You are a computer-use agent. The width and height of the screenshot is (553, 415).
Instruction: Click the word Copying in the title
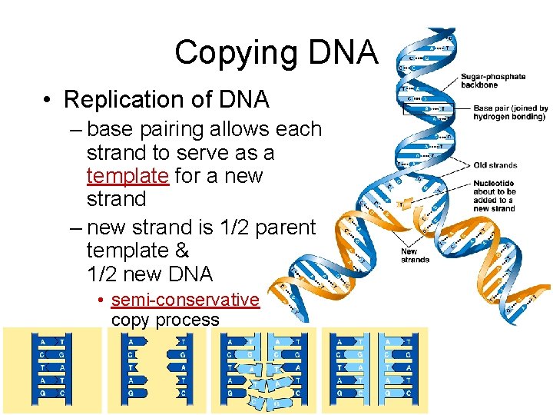tap(234, 53)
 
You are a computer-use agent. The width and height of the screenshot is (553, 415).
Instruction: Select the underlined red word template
tap(127, 175)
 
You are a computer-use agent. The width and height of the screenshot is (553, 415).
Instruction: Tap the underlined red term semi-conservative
tap(185, 299)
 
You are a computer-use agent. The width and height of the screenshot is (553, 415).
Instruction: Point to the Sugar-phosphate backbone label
tap(493, 80)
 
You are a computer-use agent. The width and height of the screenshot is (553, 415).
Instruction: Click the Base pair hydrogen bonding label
tap(510, 112)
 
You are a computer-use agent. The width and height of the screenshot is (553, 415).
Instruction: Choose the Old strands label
tap(495, 165)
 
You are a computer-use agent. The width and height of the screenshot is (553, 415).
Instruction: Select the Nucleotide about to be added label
tap(495, 196)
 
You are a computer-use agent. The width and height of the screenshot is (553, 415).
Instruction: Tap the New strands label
tap(416, 255)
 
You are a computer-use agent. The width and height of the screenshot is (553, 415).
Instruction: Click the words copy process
tap(165, 320)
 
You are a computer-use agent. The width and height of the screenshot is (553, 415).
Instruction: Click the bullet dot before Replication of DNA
tap(48, 100)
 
